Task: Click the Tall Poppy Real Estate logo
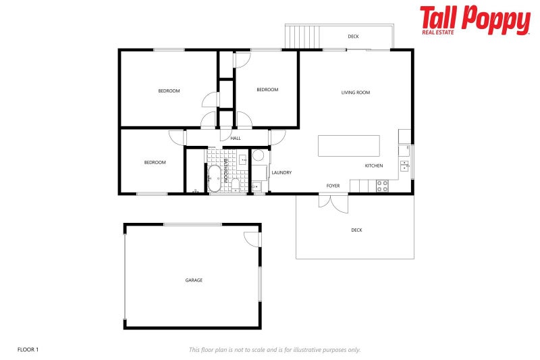pyautogui.click(x=475, y=20)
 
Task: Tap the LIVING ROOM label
pyautogui.click(x=355, y=93)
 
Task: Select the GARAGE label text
pyautogui.click(x=194, y=280)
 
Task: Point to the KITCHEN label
pyautogui.click(x=374, y=165)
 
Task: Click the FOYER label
pyautogui.click(x=333, y=185)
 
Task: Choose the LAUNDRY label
pyautogui.click(x=281, y=173)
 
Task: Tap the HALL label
pyautogui.click(x=236, y=138)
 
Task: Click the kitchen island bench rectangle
pyautogui.click(x=348, y=146)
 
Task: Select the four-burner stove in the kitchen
pyautogui.click(x=382, y=186)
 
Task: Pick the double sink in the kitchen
pyautogui.click(x=404, y=165)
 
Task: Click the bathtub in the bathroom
pyautogui.click(x=215, y=178)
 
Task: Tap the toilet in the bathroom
pyautogui.click(x=234, y=185)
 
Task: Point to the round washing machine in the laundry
pyautogui.click(x=258, y=155)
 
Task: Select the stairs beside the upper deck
pyautogui.click(x=302, y=36)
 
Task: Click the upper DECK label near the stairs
pyautogui.click(x=353, y=36)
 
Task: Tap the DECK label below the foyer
pyautogui.click(x=356, y=230)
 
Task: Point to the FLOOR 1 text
pyautogui.click(x=28, y=349)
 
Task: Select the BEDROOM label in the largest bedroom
pyautogui.click(x=169, y=91)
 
